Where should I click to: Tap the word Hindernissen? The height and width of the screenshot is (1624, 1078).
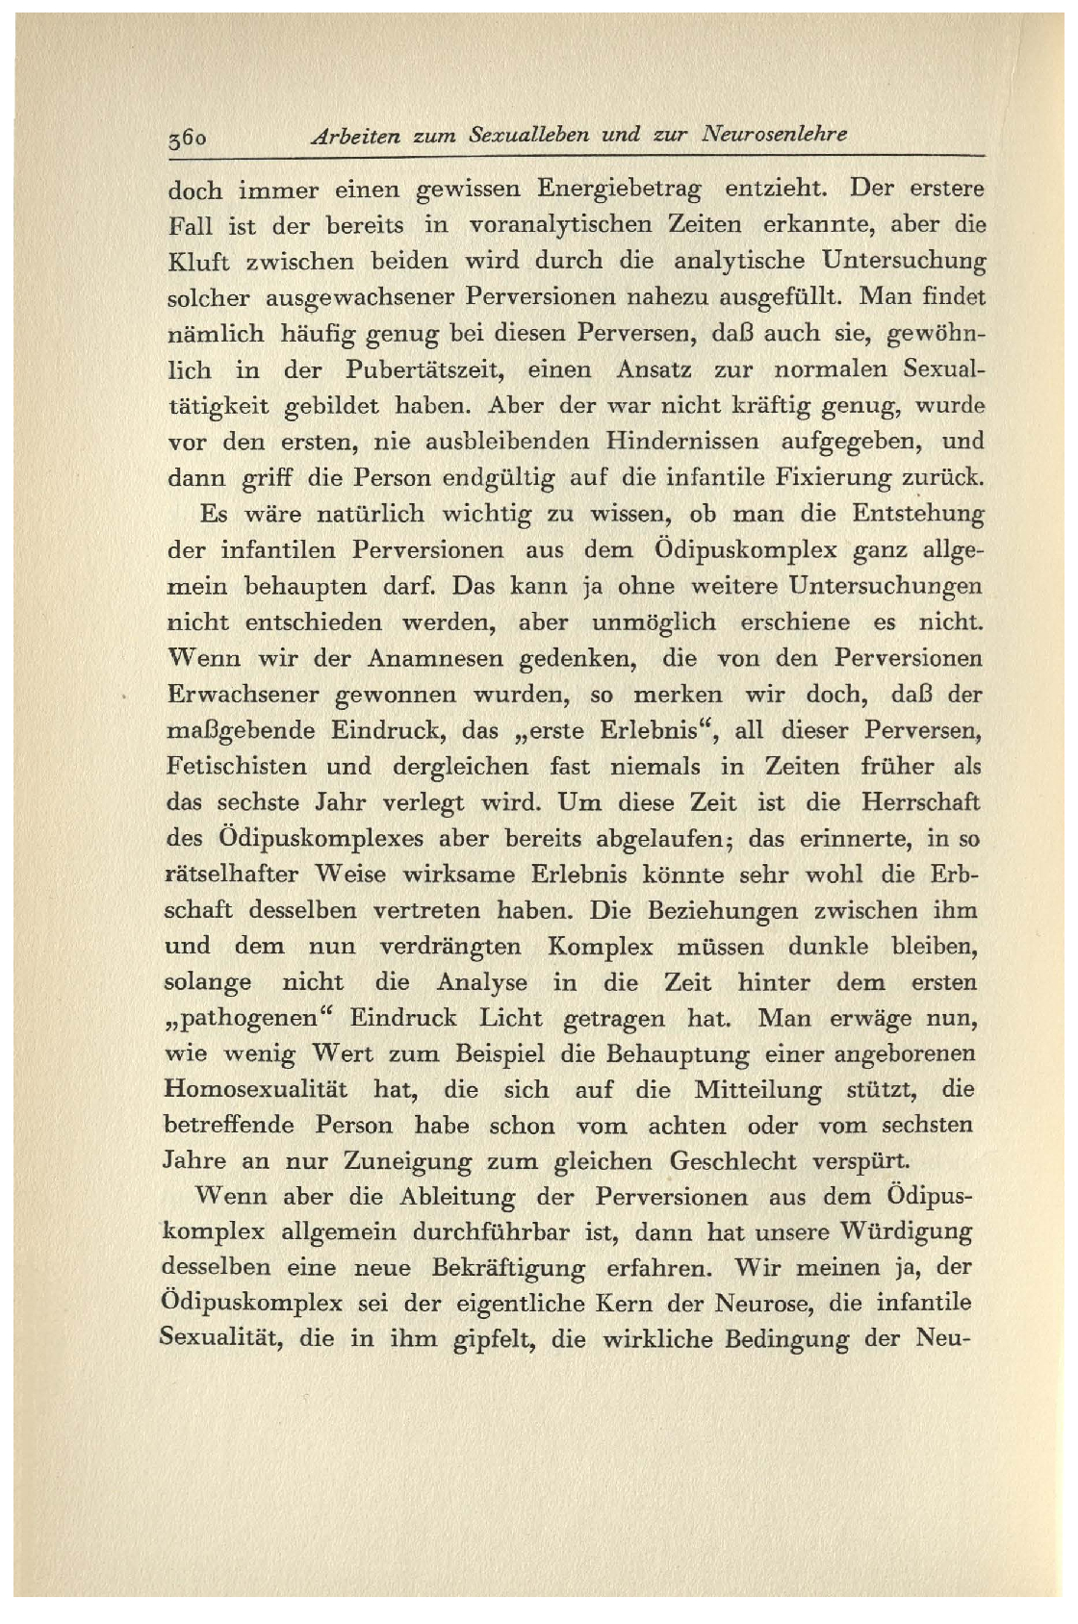coord(682,442)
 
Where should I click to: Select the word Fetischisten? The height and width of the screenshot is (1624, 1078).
coord(236,767)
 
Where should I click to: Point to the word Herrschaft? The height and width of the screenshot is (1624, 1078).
coord(920,802)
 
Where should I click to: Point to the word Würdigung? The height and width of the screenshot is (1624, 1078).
coord(908,1232)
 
